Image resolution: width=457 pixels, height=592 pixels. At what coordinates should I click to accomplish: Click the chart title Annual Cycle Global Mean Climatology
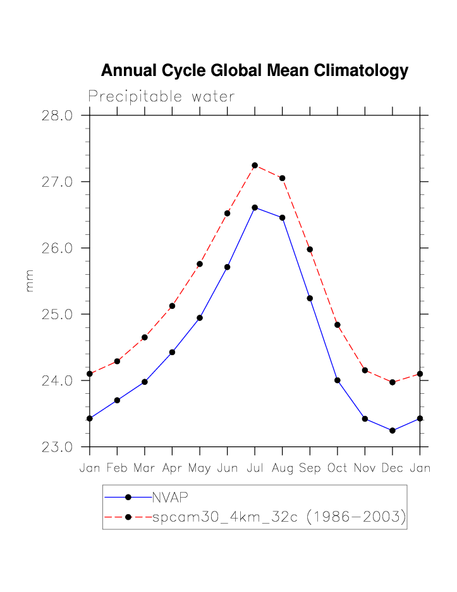(x=254, y=70)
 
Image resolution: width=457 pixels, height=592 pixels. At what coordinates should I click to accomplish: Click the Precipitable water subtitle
(x=161, y=97)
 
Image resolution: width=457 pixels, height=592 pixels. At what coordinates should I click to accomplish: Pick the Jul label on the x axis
(x=255, y=469)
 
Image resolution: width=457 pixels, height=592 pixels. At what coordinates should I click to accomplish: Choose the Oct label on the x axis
(x=338, y=469)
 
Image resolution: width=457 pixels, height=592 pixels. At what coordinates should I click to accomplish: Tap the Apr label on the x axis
(x=172, y=469)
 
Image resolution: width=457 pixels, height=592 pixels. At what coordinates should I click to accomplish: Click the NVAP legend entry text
(x=171, y=497)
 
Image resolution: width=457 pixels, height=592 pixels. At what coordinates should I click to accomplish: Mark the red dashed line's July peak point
(x=255, y=165)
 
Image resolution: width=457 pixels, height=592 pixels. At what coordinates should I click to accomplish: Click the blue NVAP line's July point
(x=255, y=207)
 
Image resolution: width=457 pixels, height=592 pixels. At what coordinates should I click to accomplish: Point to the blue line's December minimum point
(x=393, y=431)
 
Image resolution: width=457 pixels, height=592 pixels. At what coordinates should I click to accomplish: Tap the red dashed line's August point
(x=283, y=178)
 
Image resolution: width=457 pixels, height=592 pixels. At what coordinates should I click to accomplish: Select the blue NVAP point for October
(x=338, y=380)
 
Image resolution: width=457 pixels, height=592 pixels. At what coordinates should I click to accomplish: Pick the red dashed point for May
(x=200, y=263)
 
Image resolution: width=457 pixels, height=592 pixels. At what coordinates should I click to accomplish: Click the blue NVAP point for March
(x=145, y=382)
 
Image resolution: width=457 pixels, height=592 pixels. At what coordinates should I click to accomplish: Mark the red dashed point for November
(x=365, y=370)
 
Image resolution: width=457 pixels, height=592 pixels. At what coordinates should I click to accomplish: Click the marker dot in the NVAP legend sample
(x=128, y=497)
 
